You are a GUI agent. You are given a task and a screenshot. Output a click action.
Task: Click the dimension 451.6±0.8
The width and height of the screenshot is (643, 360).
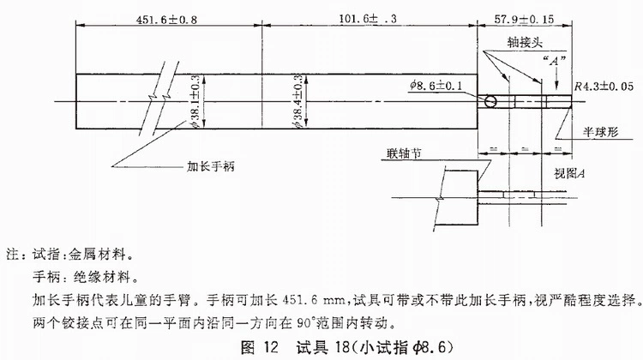coord(166,20)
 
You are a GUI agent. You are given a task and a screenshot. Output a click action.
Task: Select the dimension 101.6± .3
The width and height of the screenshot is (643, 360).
coord(368,19)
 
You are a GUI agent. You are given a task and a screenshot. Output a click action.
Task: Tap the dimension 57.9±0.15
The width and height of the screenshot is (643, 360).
coord(524,19)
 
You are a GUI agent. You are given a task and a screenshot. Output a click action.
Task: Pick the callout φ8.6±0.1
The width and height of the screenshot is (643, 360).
coord(436,86)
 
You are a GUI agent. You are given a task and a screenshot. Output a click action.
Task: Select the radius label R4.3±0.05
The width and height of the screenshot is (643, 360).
coord(604,87)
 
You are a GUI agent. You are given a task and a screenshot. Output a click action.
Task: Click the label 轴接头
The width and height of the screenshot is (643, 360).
coord(525,43)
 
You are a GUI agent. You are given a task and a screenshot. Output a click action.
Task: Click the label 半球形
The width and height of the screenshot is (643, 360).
coord(601,132)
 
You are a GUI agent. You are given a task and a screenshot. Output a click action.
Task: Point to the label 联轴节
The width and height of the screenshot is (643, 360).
coord(404,153)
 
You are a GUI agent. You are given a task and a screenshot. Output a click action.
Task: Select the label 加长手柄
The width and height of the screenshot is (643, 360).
coord(211,166)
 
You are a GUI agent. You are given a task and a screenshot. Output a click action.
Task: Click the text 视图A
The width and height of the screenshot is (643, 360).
coord(569,173)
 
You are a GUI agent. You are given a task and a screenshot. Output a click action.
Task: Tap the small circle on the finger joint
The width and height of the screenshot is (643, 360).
coord(490,101)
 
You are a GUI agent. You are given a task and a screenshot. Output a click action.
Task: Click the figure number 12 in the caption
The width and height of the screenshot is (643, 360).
coord(271,348)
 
